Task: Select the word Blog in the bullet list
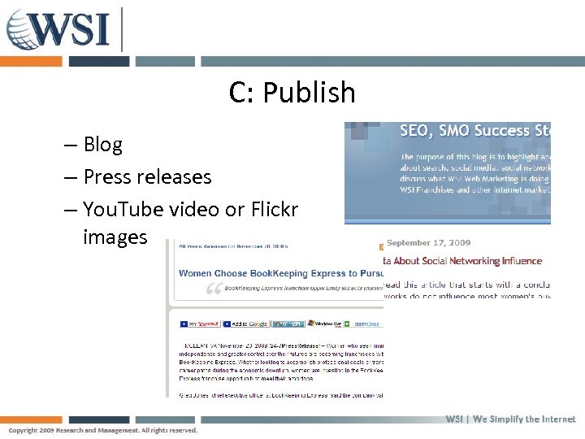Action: (x=102, y=145)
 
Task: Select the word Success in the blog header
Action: (x=496, y=131)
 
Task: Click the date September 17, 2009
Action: (x=428, y=242)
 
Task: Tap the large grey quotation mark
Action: (x=214, y=289)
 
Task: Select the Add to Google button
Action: (x=247, y=324)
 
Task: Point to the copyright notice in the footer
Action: (x=103, y=430)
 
